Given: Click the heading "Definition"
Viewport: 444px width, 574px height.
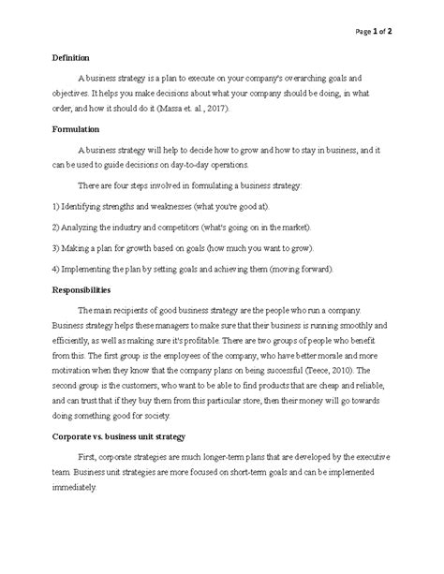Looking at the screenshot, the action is [71, 57].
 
